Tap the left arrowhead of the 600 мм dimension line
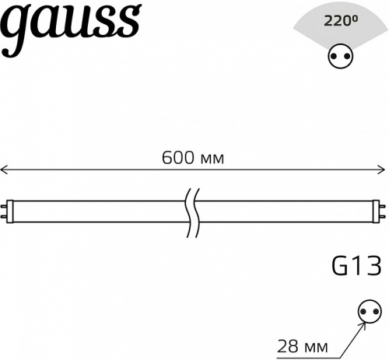(4, 170)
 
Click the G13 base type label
(356, 267)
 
